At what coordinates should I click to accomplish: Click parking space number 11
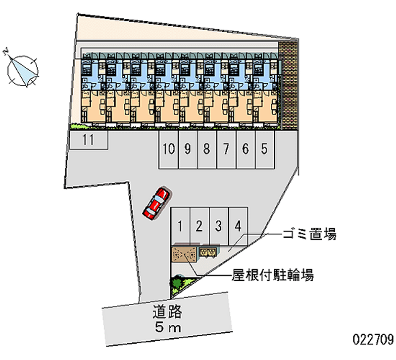pyautogui.click(x=88, y=140)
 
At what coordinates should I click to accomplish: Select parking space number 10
pyautogui.click(x=168, y=149)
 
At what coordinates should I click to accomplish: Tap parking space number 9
pyautogui.click(x=188, y=149)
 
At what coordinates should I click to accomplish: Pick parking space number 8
pyautogui.click(x=207, y=149)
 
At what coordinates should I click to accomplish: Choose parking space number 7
pyautogui.click(x=226, y=149)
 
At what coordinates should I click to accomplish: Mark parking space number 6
pyautogui.click(x=246, y=149)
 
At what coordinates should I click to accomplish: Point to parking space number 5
pyautogui.click(x=265, y=149)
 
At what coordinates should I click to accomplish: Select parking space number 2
pyautogui.click(x=199, y=226)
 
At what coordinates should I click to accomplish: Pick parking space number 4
pyautogui.click(x=238, y=226)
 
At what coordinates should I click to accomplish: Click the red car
pyautogui.click(x=156, y=203)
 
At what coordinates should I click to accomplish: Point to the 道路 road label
pyautogui.click(x=168, y=312)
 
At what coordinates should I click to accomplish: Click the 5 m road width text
pyautogui.click(x=168, y=327)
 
